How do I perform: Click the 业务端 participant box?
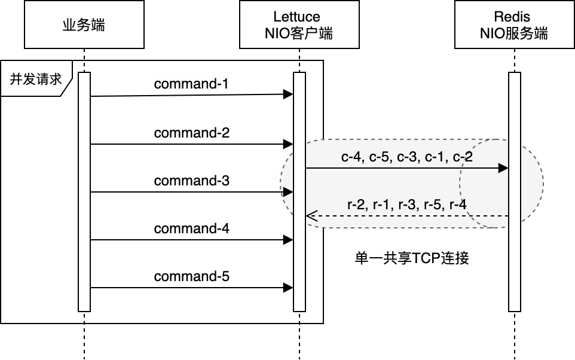pos(84,25)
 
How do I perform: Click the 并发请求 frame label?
pos(35,78)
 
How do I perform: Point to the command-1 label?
pos(191,84)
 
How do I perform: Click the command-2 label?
pos(191,133)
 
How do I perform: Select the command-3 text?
pos(191,181)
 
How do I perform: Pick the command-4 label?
pos(191,228)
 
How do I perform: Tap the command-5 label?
pos(191,276)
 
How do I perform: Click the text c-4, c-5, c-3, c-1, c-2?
pos(406,157)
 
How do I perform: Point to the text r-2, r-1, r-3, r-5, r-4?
pos(406,205)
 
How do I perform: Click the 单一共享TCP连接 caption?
pos(412,258)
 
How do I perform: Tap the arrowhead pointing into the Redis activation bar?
pos(504,169)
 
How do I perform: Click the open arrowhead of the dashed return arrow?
pos(310,216)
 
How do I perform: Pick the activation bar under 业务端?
pos(84,191)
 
